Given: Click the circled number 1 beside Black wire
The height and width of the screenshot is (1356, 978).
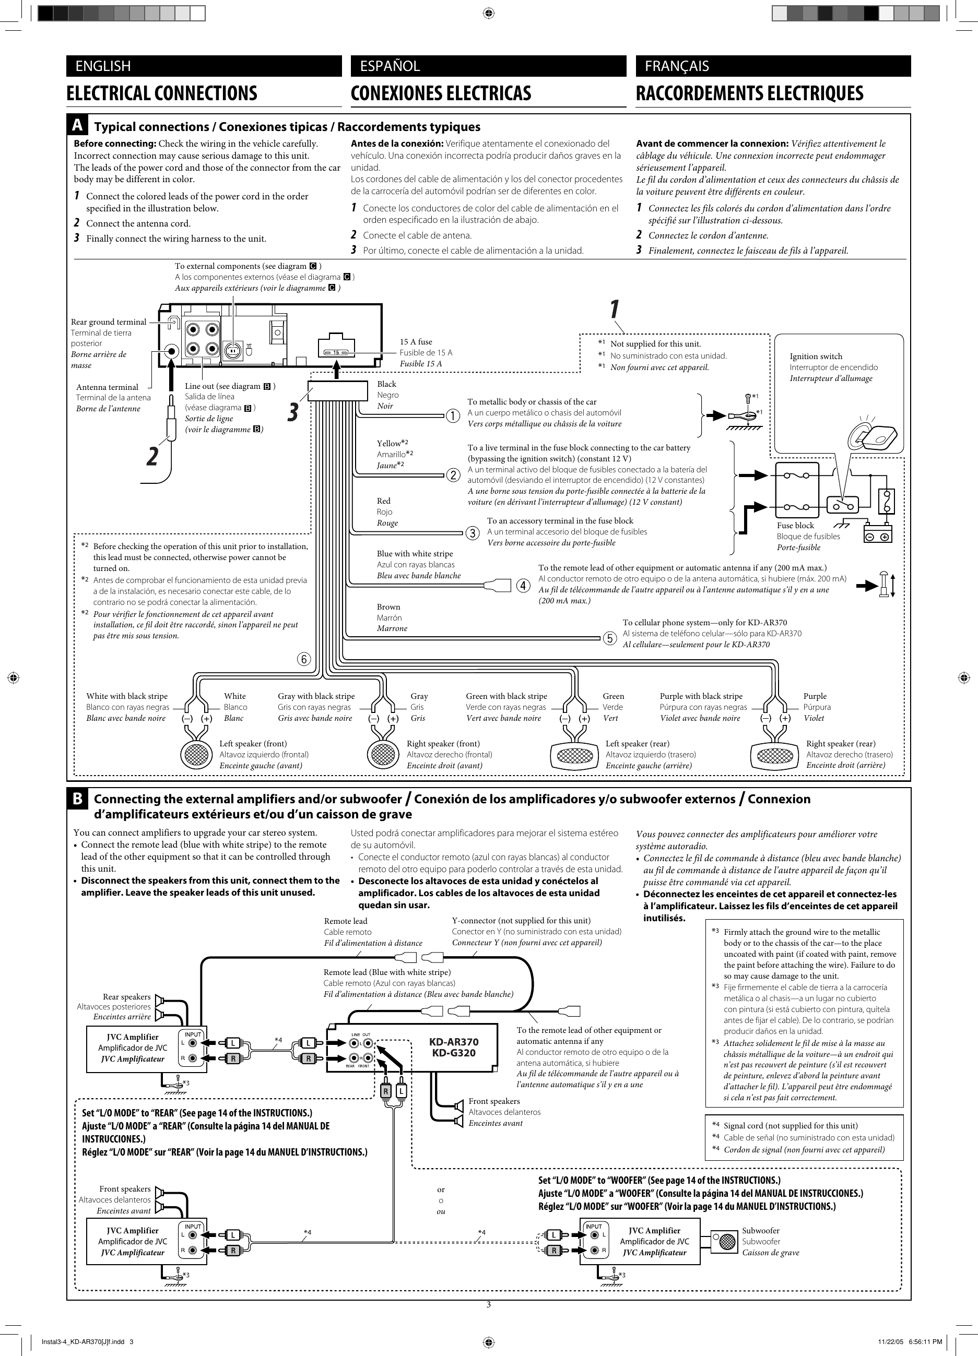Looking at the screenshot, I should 452,415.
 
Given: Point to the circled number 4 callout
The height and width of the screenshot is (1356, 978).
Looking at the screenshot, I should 523,585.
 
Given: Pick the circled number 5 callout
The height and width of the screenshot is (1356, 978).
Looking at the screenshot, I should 609,638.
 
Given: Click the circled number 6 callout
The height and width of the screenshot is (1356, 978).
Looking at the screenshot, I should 304,659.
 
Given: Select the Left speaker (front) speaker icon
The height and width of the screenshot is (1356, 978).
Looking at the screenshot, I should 196,755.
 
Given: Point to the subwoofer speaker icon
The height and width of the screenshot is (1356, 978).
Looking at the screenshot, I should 727,1242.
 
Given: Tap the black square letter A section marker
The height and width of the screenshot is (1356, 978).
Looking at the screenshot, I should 77,126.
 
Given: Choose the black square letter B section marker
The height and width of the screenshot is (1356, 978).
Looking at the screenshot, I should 77,799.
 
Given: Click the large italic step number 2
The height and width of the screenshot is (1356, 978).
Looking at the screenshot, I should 153,457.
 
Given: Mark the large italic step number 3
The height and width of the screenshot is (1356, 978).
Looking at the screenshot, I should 292,412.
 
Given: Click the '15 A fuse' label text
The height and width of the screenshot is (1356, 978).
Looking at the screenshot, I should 416,342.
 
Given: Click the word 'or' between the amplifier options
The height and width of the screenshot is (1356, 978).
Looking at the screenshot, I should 441,1190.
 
